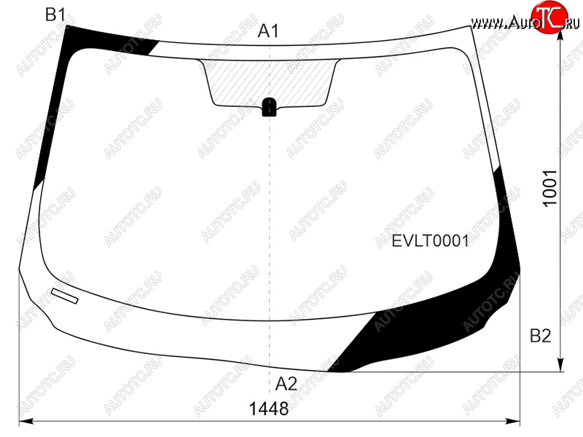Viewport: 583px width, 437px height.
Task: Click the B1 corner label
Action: point(55,15)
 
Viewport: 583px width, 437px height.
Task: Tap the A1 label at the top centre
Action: point(268,31)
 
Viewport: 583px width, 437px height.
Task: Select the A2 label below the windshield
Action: point(286,384)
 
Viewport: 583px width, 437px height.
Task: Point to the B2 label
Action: point(540,336)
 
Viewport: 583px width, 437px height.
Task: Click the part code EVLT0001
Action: point(431,241)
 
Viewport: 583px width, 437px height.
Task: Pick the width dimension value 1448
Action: point(268,409)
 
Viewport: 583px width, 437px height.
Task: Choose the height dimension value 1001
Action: point(550,188)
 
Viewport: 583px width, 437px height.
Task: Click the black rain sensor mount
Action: point(269,107)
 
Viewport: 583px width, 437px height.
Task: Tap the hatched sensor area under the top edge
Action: point(270,82)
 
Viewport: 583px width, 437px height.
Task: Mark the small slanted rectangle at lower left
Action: point(65,296)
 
